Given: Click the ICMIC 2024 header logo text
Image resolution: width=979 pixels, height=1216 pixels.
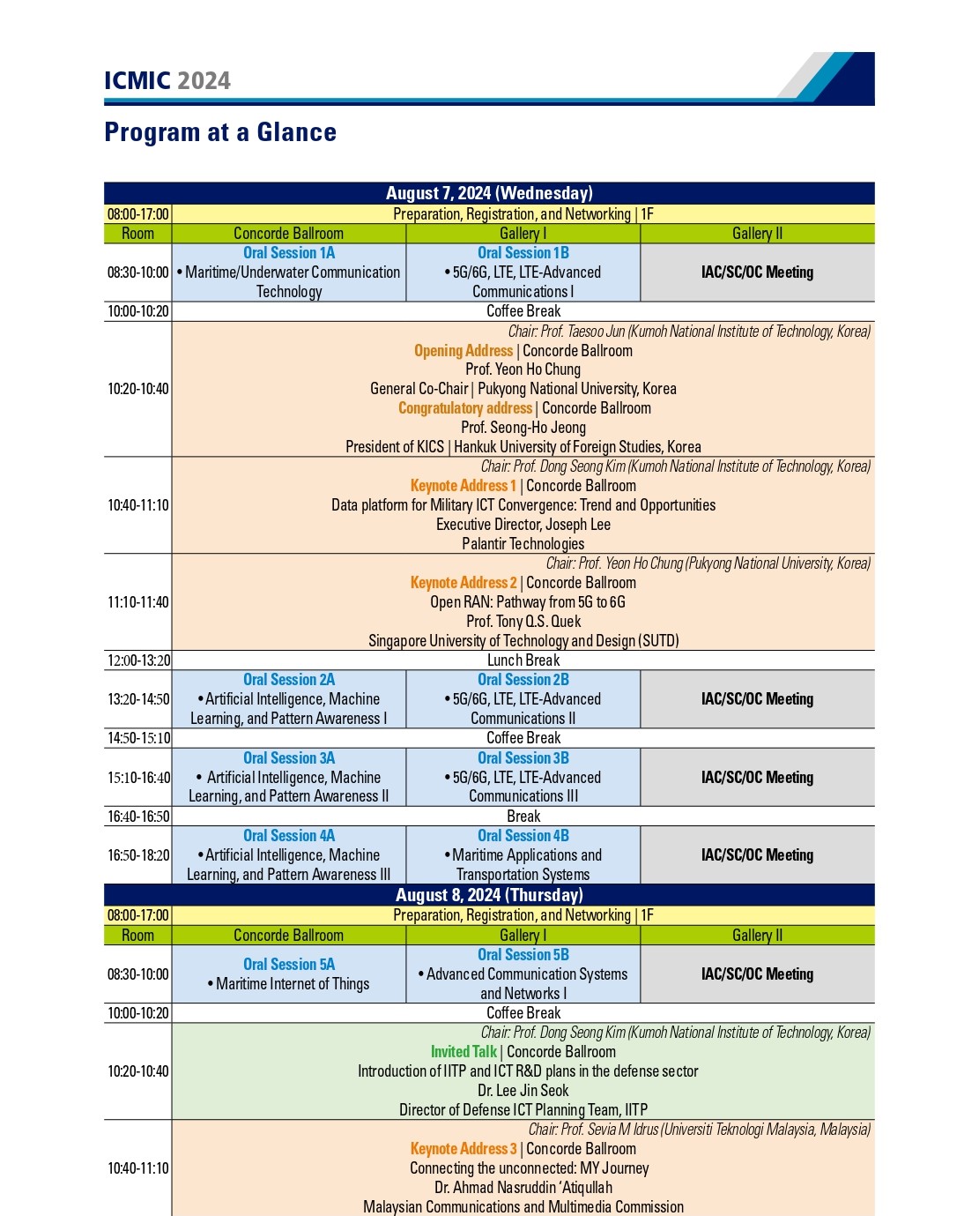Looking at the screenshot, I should point(167,80).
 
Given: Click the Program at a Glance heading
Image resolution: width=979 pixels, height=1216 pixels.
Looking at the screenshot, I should point(220,132).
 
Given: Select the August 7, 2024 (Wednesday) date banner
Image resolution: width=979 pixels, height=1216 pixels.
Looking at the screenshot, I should point(489,193).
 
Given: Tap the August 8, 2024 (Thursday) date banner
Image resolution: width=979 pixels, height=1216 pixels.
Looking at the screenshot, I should point(489,895).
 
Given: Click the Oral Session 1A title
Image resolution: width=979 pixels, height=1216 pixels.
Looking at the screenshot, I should point(289,253).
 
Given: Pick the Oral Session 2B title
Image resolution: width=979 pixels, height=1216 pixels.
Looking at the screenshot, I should point(523,680).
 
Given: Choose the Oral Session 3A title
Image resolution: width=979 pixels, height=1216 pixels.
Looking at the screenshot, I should point(289,758).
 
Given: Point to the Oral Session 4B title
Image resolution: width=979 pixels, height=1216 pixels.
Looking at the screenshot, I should point(523,836).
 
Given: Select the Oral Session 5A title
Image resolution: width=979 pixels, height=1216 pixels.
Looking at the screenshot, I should point(289,965).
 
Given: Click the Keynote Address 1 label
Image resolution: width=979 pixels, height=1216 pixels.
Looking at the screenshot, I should point(464,486).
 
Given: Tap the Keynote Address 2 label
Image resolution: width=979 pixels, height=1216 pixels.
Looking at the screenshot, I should point(464,583).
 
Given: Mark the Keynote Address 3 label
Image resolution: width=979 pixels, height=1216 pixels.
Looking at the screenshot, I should point(464,1149).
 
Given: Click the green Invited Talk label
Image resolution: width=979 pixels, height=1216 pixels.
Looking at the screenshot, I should point(464,1052).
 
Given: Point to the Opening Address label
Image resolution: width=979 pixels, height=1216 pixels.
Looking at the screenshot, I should point(464,351).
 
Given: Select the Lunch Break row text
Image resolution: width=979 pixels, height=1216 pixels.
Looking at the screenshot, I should point(523,660).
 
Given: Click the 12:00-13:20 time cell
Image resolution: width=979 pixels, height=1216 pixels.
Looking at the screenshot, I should point(138,660).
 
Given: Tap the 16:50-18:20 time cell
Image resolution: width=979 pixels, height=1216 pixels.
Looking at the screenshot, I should point(138,855).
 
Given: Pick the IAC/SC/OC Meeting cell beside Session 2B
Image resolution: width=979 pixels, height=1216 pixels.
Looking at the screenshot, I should point(757,699).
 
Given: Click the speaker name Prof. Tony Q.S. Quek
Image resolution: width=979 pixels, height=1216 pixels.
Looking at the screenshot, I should point(523,622).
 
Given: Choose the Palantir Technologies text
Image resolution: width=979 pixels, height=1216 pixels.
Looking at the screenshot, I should point(523,544).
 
